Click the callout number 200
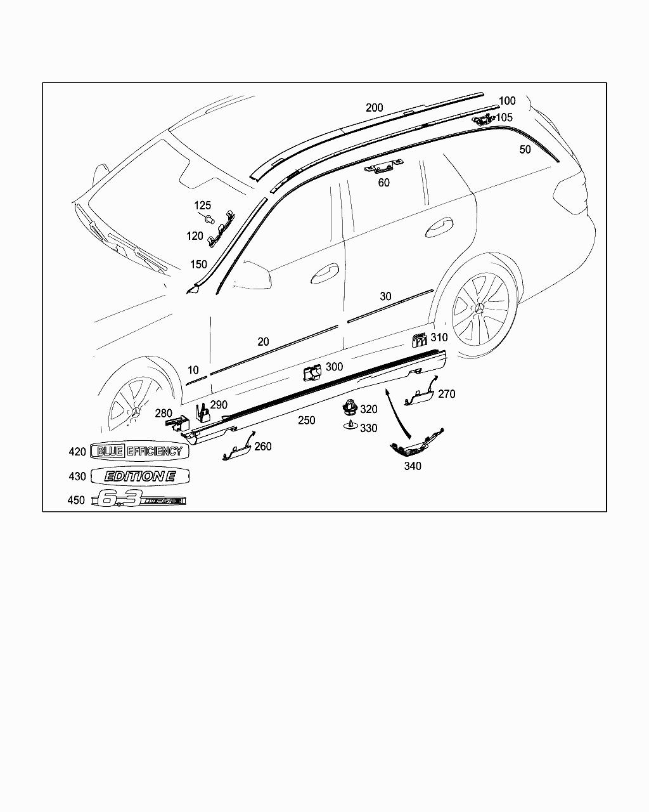tap(374, 108)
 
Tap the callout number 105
tap(504, 118)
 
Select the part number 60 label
tap(383, 183)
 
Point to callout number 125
tap(203, 206)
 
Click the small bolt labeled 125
tap(209, 218)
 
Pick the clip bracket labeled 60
tap(383, 166)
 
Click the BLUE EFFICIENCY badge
tap(139, 451)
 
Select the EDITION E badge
tap(139, 476)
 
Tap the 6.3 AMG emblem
tap(139, 499)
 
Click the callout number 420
tap(77, 452)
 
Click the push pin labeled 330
tap(351, 425)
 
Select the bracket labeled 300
tap(312, 373)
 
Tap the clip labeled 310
tap(420, 340)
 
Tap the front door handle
tap(324, 273)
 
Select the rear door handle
tap(439, 227)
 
